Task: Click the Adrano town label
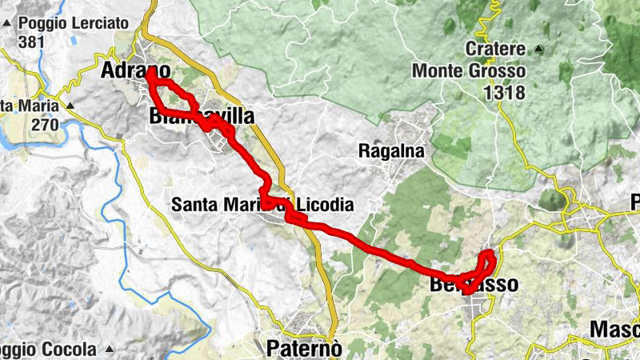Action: [x=135, y=70]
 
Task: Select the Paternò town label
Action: [x=304, y=348]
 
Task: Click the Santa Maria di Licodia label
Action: [x=262, y=205]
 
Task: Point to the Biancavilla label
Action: [x=202, y=117]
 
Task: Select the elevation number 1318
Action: [x=504, y=92]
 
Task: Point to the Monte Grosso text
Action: [x=469, y=71]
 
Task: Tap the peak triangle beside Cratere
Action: [x=538, y=49]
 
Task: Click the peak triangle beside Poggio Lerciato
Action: [x=7, y=23]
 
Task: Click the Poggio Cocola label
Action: [x=50, y=350]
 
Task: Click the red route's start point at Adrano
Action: [x=151, y=71]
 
